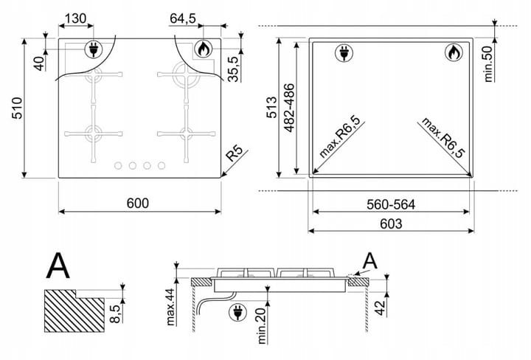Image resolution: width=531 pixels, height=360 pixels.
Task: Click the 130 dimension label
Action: pos(75,18)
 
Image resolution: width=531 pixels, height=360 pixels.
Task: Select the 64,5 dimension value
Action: pos(183,18)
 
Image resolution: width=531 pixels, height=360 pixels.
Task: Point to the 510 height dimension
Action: pos(17,108)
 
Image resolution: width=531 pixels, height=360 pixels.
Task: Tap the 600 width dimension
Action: pos(137,203)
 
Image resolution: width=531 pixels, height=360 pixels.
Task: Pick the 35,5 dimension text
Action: pos(234,69)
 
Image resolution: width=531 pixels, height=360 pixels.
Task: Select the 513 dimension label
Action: pos(272,108)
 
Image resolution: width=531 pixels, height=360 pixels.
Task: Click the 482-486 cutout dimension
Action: pos(290,108)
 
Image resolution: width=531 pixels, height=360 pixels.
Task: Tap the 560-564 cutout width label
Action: pos(390,204)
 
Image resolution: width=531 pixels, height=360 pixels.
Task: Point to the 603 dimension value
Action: pos(391,224)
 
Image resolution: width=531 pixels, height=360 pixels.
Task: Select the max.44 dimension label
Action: pos(171,307)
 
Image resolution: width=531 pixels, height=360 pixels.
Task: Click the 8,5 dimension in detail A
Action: pos(115,314)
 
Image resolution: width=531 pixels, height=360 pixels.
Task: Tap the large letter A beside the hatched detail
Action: pos(58,266)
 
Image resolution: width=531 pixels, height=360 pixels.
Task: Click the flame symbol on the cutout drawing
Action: pos(454,53)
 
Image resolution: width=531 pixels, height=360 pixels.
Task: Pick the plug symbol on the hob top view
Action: pos(93,49)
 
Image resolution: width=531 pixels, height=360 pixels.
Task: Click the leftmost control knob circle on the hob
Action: pos(118,165)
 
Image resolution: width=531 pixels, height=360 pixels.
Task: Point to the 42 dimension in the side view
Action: pos(381,308)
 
